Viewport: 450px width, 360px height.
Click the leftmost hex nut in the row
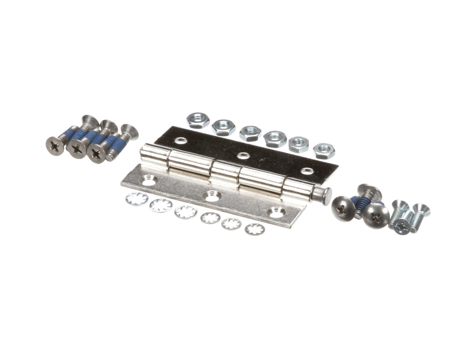coord(197,120)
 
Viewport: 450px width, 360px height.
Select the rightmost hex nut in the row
coord(324,151)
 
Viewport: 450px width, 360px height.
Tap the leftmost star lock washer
coord(136,199)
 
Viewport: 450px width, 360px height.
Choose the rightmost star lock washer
coord(254,229)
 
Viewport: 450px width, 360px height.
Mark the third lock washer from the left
coord(185,212)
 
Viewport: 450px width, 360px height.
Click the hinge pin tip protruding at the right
coord(326,196)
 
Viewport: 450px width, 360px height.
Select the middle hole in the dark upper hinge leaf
coord(243,156)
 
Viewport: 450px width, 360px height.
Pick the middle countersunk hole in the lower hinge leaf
coord(212,196)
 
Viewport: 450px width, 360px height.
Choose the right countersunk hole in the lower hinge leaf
coord(276,213)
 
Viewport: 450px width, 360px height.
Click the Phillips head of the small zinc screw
coord(401,226)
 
